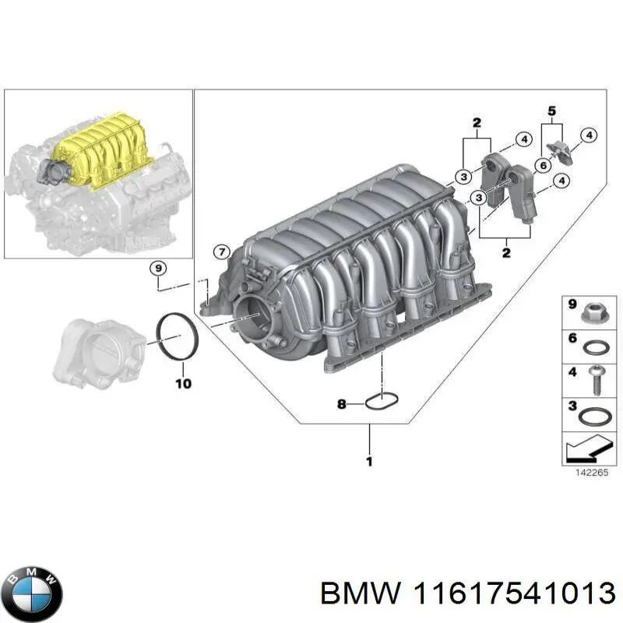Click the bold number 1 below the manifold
point(368,461)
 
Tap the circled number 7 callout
point(222,252)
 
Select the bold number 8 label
point(341,404)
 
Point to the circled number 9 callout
point(158,269)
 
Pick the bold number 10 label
point(182,383)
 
